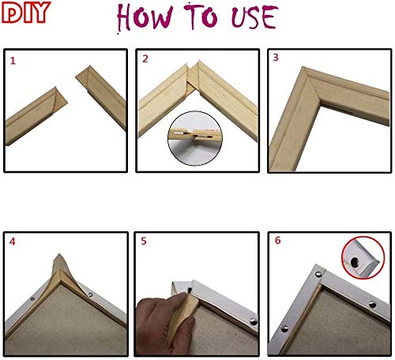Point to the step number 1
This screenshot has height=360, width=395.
12,59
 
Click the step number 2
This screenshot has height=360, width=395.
145,59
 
